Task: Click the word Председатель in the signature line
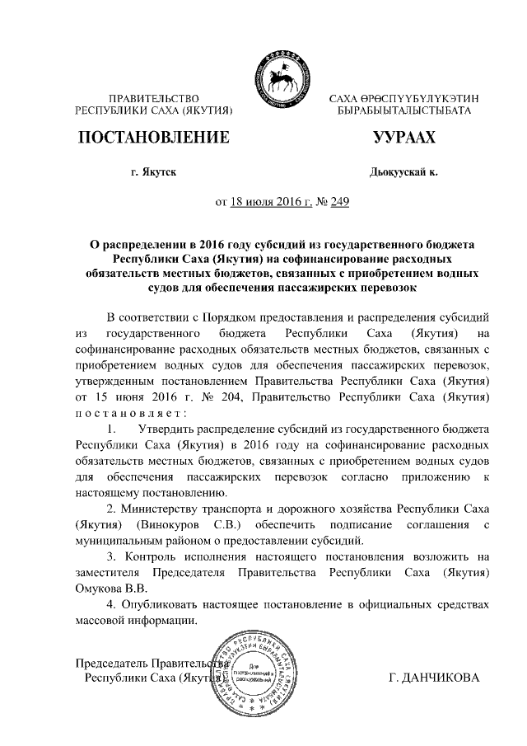coord(114,663)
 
